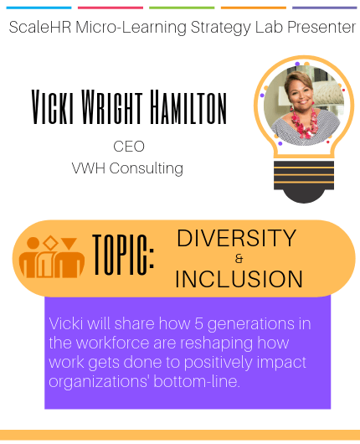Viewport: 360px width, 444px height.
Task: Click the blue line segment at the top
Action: [39, 8]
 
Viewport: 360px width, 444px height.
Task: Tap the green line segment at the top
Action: [182, 8]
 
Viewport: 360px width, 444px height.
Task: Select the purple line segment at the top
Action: [325, 8]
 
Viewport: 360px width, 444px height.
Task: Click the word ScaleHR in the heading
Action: [40, 27]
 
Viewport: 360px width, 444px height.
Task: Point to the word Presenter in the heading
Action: [321, 27]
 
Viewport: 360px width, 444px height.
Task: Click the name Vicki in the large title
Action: [53, 106]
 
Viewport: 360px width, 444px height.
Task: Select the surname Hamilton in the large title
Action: [188, 106]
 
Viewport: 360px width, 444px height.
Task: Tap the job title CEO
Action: [129, 147]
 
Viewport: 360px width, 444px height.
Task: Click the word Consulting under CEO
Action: [147, 168]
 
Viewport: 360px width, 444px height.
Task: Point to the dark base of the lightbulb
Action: [304, 182]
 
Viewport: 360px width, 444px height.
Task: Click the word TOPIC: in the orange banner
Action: [123, 255]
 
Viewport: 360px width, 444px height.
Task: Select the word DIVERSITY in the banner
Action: [237, 238]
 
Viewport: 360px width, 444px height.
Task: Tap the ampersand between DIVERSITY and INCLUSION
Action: [239, 259]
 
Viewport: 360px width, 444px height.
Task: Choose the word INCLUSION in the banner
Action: [239, 279]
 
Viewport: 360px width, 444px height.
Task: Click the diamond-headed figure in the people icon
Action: [47, 258]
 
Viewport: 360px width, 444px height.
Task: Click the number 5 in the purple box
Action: [198, 323]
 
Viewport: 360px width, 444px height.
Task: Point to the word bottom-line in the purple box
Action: [197, 381]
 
